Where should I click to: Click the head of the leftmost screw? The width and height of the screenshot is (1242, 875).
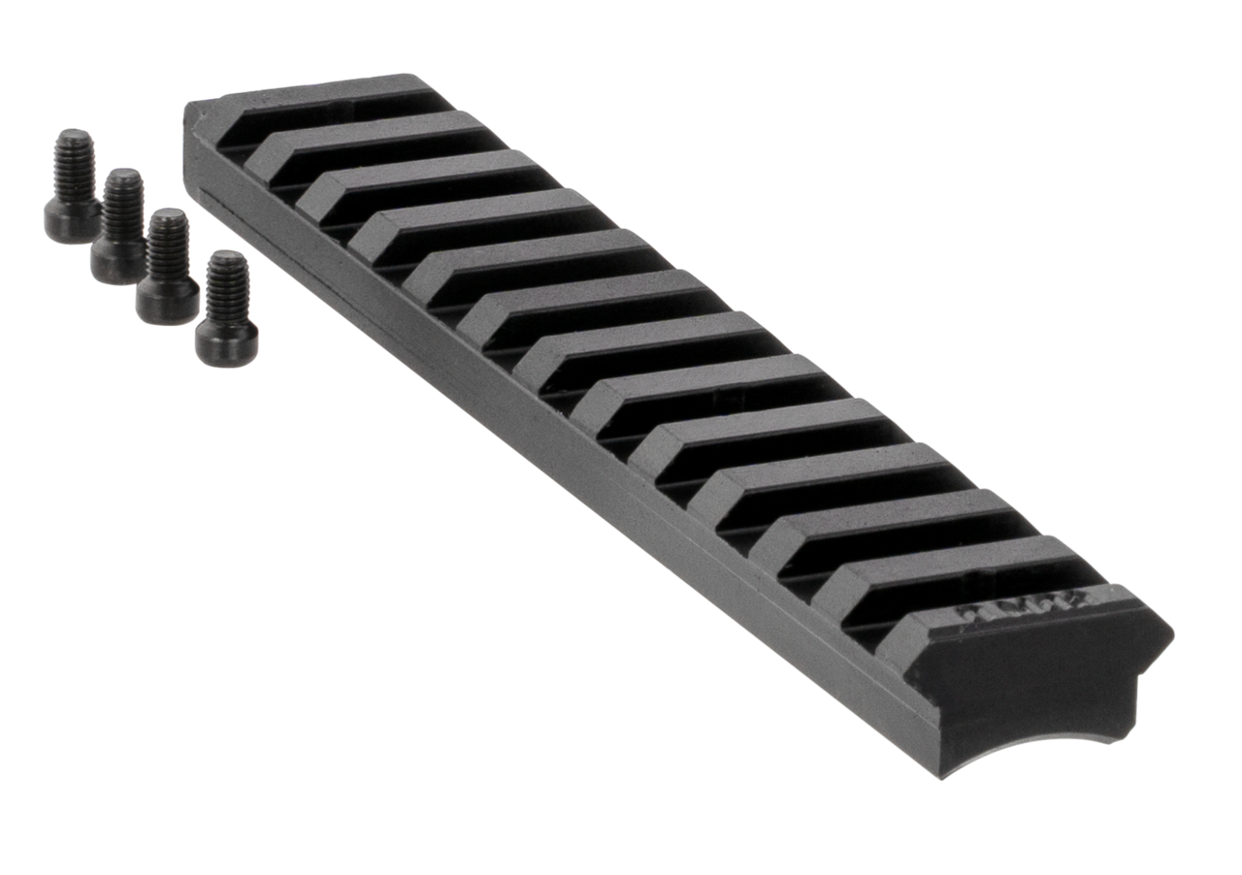70,220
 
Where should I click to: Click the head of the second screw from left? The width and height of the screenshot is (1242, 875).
117,260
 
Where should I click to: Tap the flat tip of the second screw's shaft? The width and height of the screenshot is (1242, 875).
122,175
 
